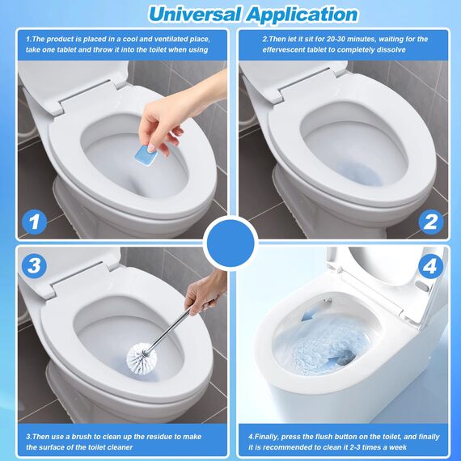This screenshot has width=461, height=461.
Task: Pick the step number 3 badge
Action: tap(33, 264)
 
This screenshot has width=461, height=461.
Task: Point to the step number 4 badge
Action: tap(429, 264)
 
